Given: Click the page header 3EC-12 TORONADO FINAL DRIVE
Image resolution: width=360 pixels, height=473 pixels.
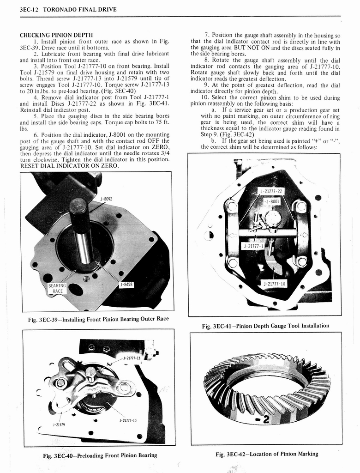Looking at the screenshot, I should [68, 9].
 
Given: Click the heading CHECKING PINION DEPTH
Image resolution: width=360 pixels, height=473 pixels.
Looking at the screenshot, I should [56, 35].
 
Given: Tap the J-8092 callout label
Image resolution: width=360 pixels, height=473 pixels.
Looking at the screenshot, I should [106, 199].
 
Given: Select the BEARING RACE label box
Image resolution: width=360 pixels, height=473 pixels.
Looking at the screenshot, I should [57, 288].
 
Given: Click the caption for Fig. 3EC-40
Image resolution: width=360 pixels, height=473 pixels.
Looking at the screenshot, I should [100, 455].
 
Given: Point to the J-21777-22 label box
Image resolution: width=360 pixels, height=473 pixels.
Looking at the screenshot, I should [271, 191].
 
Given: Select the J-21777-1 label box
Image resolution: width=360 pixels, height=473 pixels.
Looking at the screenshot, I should [253, 246].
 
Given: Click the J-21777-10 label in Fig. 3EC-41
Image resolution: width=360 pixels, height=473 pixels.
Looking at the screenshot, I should [274, 283].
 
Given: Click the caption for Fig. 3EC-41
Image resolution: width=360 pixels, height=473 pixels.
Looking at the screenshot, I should [265, 326].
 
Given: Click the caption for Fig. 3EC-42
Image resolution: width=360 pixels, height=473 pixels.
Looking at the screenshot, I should [267, 454].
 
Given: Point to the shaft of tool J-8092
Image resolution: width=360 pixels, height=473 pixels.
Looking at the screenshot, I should [82, 236].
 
